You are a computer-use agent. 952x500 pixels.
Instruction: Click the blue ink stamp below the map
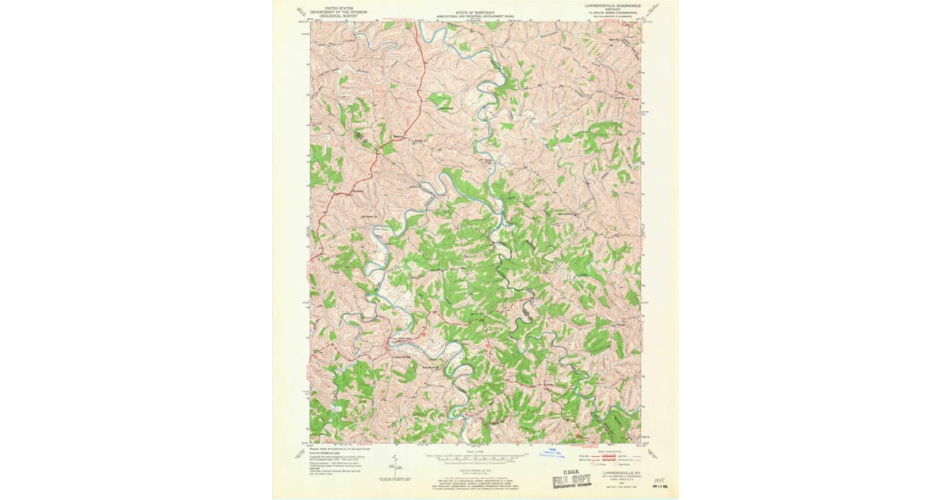(549, 453)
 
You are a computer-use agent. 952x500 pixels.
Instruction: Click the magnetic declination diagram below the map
(394, 462)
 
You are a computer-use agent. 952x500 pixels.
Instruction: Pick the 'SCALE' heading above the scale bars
(476, 451)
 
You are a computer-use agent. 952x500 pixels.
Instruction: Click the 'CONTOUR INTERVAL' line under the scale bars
(476, 470)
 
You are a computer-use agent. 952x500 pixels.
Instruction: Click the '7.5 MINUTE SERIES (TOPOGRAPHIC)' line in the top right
(612, 11)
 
